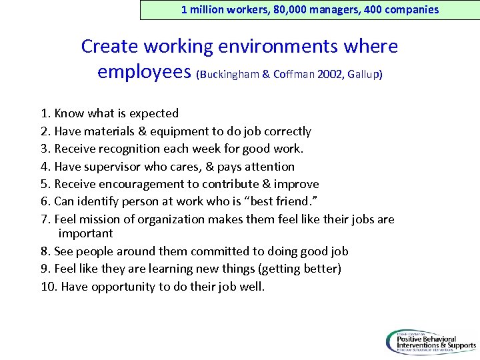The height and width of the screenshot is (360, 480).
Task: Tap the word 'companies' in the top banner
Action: pyautogui.click(x=413, y=9)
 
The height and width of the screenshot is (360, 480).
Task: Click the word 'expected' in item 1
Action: pyautogui.click(x=154, y=113)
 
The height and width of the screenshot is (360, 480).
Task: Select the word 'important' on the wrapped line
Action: pyautogui.click(x=85, y=233)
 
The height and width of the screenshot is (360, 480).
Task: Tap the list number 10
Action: pyautogui.click(x=49, y=287)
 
